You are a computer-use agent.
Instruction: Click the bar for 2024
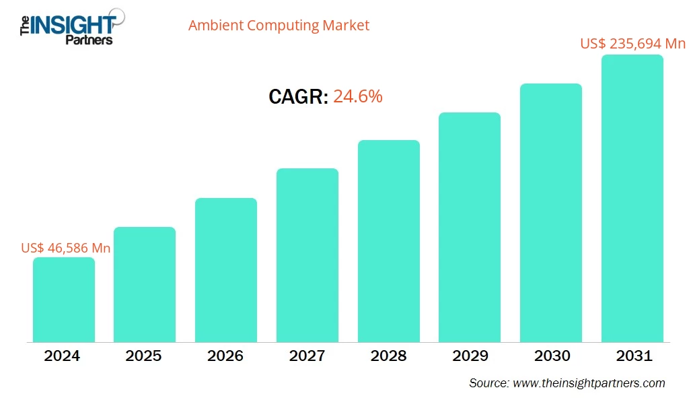point(64,300)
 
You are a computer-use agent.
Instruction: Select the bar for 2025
point(145,284)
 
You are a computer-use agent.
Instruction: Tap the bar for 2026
point(226,270)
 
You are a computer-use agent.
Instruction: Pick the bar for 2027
point(307,255)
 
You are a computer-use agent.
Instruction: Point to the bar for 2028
point(388,241)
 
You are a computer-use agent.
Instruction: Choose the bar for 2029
point(470,227)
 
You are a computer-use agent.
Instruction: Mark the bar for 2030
point(551,213)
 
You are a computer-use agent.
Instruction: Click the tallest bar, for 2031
point(632,199)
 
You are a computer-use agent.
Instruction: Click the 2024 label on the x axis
point(62,356)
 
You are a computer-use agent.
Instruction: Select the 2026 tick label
point(225,356)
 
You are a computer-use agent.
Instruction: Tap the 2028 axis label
point(388,356)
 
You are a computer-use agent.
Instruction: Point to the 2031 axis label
point(632,356)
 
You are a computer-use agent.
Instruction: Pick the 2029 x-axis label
point(470,356)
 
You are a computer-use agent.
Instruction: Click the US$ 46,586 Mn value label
point(66,248)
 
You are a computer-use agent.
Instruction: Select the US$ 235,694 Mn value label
point(632,44)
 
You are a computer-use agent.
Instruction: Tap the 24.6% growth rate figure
point(358,96)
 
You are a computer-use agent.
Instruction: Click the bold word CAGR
point(298,97)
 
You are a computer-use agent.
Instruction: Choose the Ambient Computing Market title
point(279,26)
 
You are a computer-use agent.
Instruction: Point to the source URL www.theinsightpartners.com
point(588,383)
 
